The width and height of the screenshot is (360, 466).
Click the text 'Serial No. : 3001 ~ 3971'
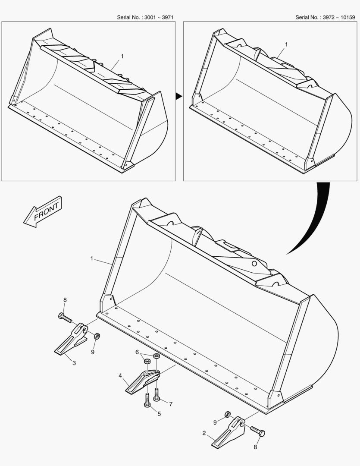click(145, 17)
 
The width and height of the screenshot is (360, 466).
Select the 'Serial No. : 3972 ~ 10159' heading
click(325, 17)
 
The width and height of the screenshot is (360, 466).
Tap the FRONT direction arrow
click(43, 211)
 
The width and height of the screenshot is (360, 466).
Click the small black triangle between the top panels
click(178, 97)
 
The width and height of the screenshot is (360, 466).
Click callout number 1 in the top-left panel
click(122, 56)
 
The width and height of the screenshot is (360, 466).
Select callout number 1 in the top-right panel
click(287, 44)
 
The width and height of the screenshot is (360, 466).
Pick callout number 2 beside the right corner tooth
click(204, 433)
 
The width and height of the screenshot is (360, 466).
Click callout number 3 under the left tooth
click(74, 363)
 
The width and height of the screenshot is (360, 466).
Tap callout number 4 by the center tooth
click(120, 375)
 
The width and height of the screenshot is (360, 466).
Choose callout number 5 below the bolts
click(159, 414)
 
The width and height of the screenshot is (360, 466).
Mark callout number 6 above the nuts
click(137, 352)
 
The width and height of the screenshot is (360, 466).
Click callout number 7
click(170, 404)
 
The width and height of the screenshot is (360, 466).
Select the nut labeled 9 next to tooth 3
click(97, 336)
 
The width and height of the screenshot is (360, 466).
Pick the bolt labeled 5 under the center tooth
click(147, 401)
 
